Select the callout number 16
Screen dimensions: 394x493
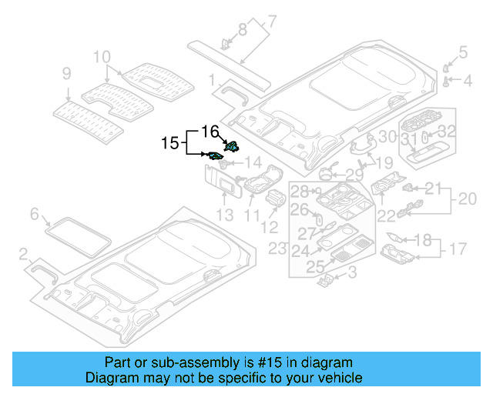(x=210, y=131)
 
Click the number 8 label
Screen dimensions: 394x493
(x=243, y=29)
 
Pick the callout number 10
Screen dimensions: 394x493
(x=102, y=56)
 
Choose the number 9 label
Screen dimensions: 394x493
(x=67, y=74)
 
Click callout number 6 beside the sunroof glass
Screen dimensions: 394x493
(x=34, y=213)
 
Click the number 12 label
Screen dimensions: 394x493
(x=269, y=227)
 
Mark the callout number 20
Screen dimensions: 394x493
(x=467, y=199)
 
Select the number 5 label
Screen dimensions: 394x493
(x=463, y=52)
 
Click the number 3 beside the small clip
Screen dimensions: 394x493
(x=352, y=272)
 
